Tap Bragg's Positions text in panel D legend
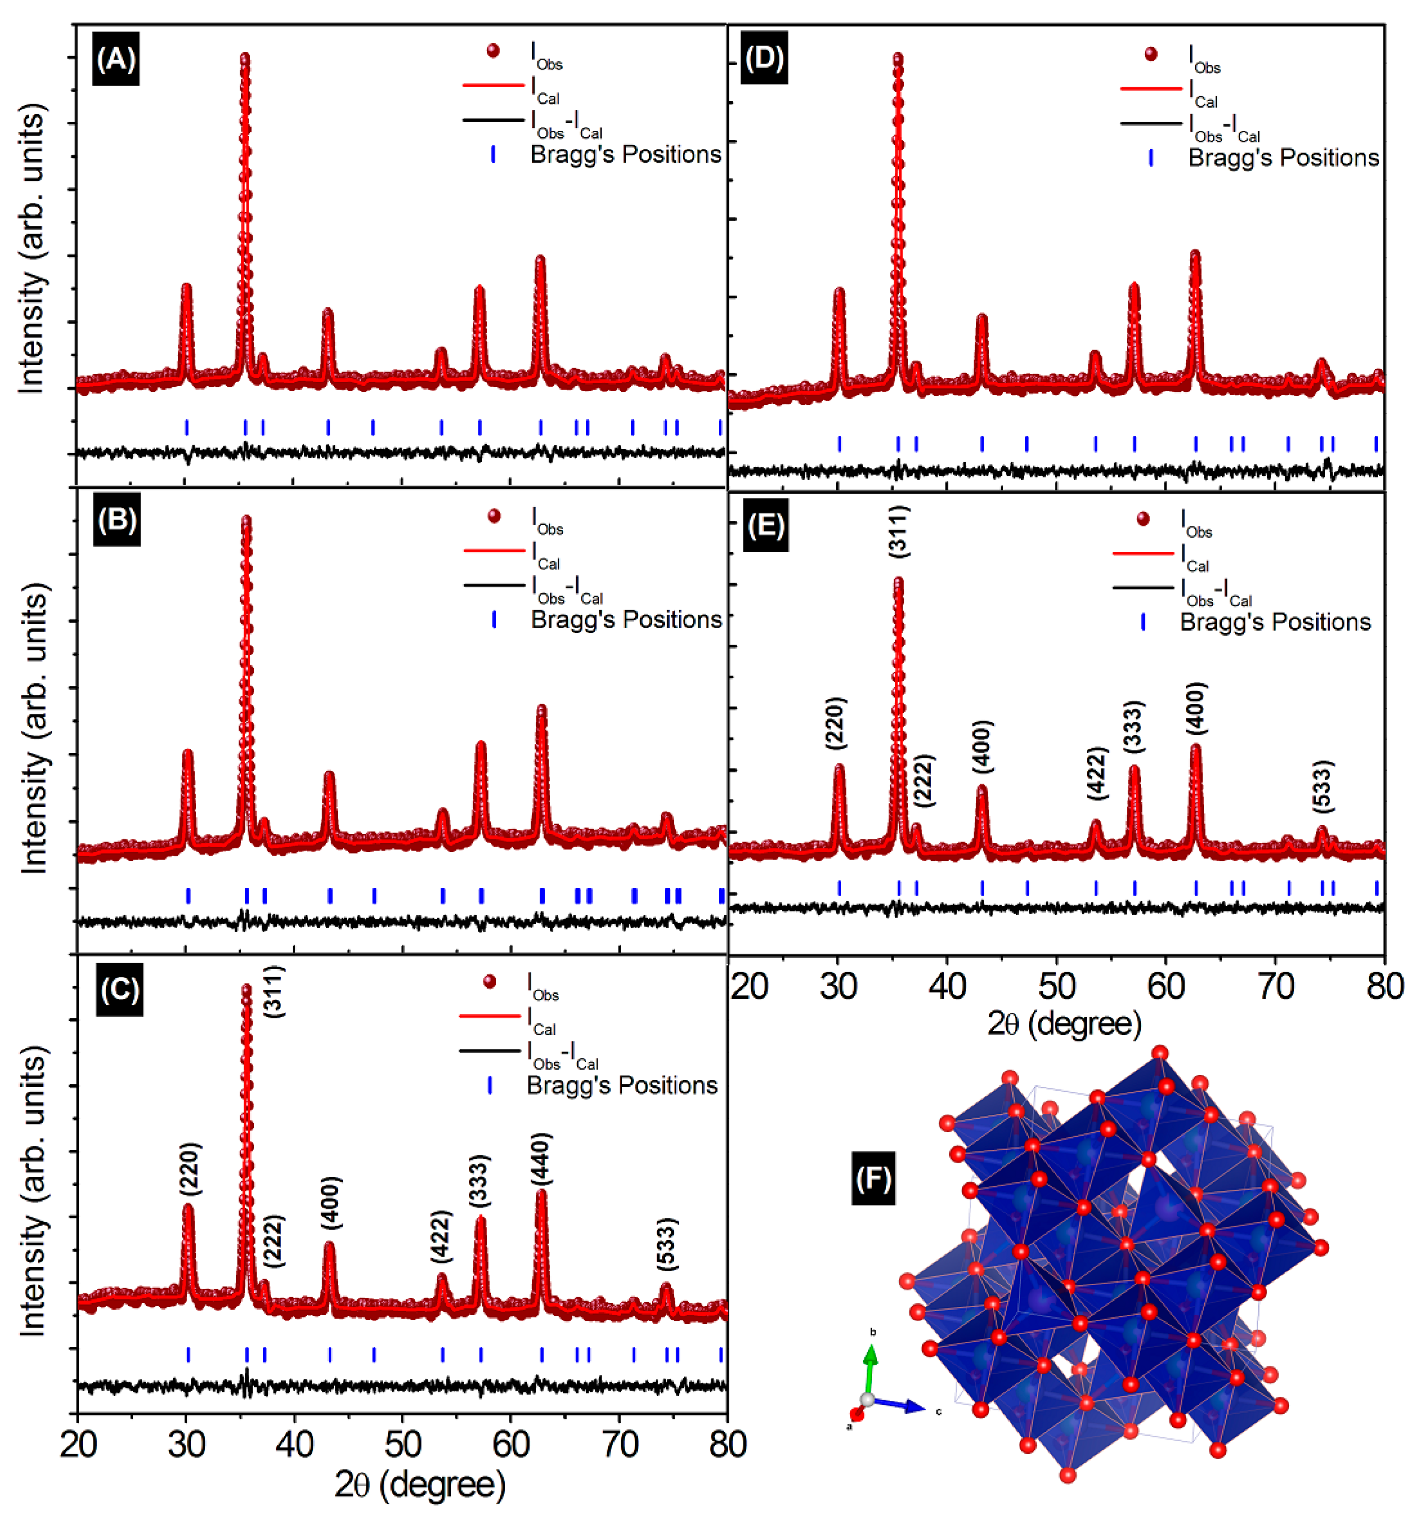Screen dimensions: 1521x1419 [1283, 158]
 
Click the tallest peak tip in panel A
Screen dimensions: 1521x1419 [245, 57]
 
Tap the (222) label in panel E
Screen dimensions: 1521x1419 [924, 780]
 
